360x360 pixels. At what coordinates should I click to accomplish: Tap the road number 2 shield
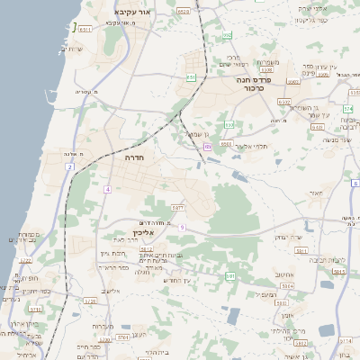click(x=69, y=167)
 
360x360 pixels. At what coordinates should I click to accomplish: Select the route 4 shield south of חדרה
click(x=107, y=190)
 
